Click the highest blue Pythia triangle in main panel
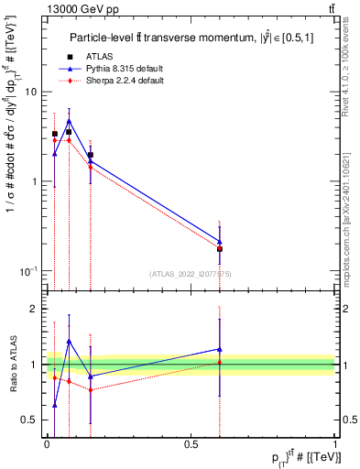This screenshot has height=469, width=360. [x=69, y=120]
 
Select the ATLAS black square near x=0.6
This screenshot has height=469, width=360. [x=220, y=248]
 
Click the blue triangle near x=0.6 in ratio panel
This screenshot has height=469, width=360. [x=220, y=349]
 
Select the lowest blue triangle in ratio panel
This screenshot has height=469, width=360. [x=54, y=405]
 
